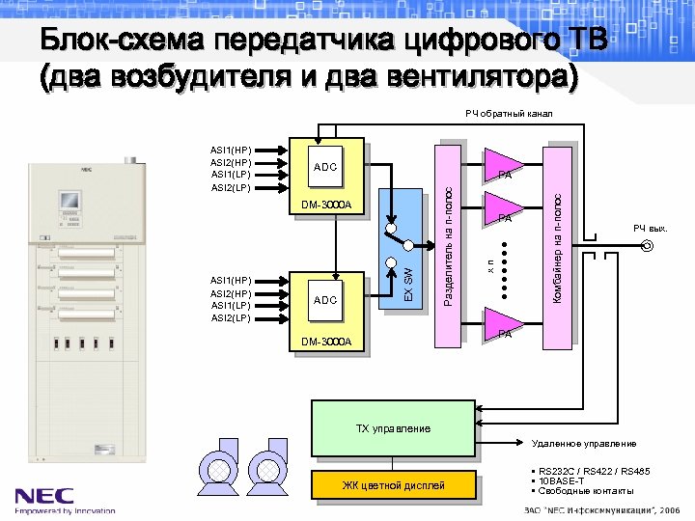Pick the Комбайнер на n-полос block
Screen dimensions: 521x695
coord(557,237)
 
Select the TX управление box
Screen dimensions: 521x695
coord(393,428)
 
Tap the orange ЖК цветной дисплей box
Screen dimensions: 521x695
coord(393,485)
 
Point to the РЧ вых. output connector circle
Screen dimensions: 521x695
coord(647,246)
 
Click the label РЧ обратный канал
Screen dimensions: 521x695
coord(509,114)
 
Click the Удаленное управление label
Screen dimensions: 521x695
coord(584,444)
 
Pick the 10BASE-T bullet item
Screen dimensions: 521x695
coord(561,480)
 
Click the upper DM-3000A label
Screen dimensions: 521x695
coord(327,205)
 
